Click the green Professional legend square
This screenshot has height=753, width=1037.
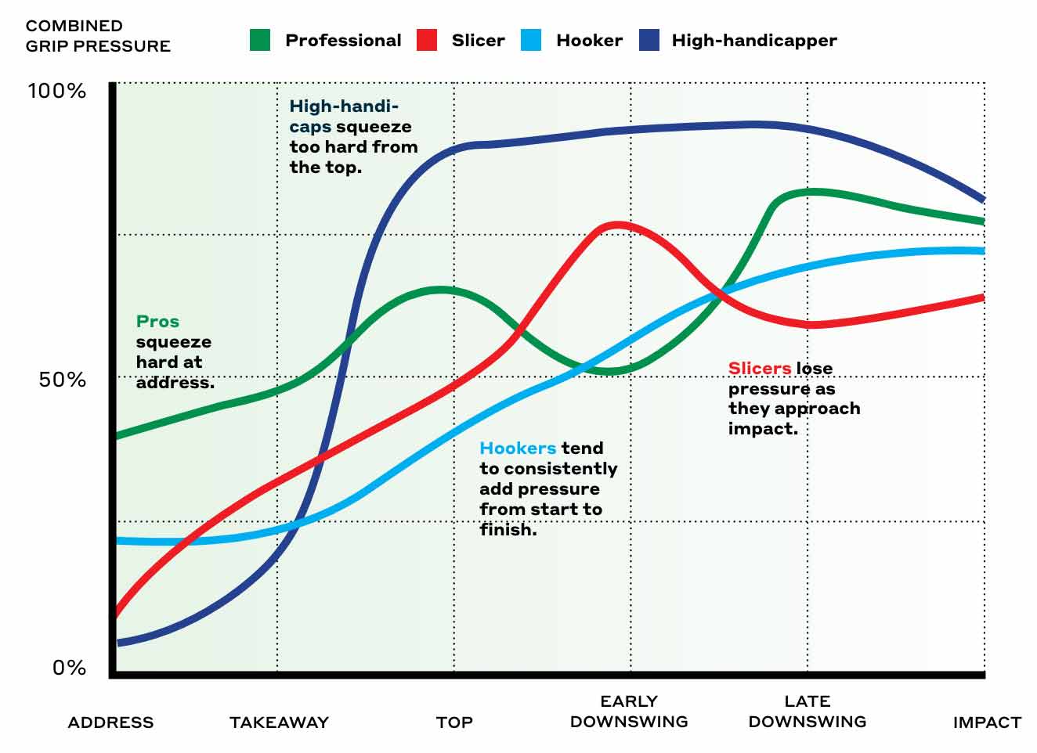click(260, 40)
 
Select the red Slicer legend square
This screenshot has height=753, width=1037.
click(427, 40)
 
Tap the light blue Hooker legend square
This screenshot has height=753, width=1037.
click(531, 40)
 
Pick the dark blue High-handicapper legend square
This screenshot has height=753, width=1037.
click(649, 40)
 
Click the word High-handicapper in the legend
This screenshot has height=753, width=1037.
click(753, 40)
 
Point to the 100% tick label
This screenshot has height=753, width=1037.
click(56, 91)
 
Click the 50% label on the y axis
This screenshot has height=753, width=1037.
click(62, 380)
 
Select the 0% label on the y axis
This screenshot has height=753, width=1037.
click(69, 668)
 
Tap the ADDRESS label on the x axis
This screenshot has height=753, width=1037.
click(110, 722)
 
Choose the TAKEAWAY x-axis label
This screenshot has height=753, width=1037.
click(279, 722)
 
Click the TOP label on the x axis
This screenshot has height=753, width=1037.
click(454, 722)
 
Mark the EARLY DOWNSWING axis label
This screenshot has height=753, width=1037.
click(629, 712)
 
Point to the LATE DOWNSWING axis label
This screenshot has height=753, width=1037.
click(808, 712)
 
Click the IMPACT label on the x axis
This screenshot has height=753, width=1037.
click(987, 722)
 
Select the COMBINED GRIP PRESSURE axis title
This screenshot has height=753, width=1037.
click(98, 36)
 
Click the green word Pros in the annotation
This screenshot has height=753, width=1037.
click(157, 322)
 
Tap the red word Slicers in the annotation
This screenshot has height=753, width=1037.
click(759, 368)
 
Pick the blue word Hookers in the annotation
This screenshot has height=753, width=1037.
click(518, 449)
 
